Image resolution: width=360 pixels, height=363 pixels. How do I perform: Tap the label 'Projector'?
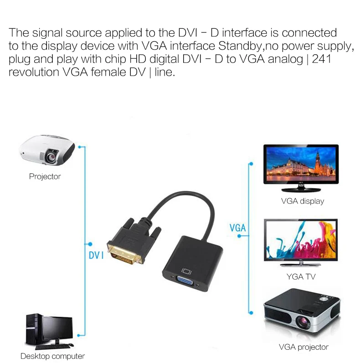tap(45, 176)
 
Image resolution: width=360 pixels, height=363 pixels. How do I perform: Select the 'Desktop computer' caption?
tap(52, 356)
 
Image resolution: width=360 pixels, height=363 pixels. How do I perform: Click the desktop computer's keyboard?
tap(52, 347)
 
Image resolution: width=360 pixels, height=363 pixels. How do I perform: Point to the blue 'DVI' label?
tap(96, 255)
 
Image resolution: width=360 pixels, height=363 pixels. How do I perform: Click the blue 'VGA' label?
tap(237, 228)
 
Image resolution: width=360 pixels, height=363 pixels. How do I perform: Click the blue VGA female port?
tap(185, 281)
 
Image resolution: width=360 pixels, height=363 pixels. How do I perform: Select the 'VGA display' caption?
tap(303, 201)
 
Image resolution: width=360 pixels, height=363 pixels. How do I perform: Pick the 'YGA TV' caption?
tap(301, 276)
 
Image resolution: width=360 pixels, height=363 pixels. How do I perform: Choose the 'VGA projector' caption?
tap(303, 347)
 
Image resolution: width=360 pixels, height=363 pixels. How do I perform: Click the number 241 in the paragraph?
tap(322, 59)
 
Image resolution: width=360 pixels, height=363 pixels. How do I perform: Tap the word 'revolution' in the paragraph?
tap(34, 72)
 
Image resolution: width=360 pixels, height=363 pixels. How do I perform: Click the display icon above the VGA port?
tap(186, 271)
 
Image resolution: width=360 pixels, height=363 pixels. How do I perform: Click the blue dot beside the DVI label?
tap(90, 244)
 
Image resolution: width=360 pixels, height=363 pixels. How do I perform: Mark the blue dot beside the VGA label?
tap(239, 236)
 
